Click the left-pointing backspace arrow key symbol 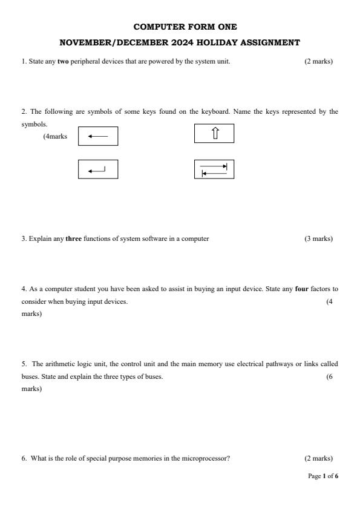pos(98,136)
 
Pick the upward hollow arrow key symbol pos(214,133)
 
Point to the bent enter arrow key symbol pos(98,169)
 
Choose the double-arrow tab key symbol pos(214,169)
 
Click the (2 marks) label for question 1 pos(318,61)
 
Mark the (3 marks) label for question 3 pos(318,238)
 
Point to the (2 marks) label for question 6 pos(318,458)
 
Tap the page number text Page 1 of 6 pos(323,476)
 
